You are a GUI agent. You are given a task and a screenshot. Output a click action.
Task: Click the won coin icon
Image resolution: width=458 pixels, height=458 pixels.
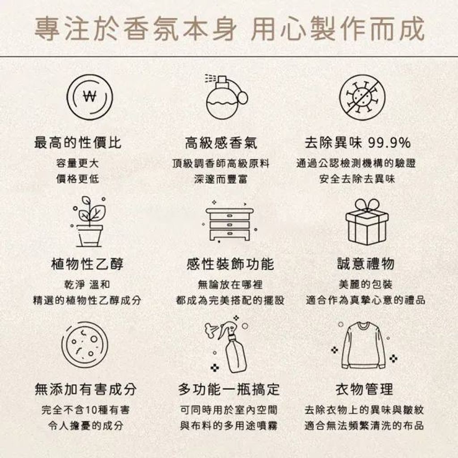(x=89, y=97)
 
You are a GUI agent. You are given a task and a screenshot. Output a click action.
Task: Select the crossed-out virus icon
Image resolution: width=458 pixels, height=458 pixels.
(x=362, y=97)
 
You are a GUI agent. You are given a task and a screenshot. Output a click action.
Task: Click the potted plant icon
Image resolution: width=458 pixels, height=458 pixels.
(x=89, y=222)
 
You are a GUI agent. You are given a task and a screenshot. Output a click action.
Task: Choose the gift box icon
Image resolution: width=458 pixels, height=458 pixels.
(x=367, y=222)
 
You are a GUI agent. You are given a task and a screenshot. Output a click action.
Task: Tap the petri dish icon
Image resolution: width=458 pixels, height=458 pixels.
(x=85, y=345)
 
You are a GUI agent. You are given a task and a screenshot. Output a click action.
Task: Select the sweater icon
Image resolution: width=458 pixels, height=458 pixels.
(x=364, y=346)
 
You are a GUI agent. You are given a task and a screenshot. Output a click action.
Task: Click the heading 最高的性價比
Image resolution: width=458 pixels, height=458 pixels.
(x=78, y=143)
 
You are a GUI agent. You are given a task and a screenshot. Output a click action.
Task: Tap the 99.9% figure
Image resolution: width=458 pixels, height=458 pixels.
(x=390, y=143)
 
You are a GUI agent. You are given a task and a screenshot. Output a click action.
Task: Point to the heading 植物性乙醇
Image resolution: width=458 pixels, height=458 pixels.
(x=87, y=264)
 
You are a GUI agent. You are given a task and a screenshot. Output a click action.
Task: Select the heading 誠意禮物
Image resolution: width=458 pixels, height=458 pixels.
(x=366, y=264)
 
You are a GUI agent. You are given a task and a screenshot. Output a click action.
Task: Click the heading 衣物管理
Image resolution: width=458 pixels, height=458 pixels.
(x=365, y=390)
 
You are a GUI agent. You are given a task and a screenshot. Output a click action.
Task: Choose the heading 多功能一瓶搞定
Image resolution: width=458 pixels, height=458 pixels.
(x=229, y=390)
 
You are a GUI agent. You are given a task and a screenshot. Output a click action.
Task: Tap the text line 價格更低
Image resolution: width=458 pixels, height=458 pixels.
(x=78, y=179)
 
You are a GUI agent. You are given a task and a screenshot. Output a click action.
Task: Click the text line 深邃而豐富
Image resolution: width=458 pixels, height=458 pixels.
(x=221, y=179)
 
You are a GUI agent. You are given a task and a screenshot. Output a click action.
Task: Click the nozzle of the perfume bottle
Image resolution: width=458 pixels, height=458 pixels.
(x=222, y=80)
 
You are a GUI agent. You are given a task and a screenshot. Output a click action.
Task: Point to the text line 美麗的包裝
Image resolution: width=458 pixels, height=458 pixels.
(x=366, y=284)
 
